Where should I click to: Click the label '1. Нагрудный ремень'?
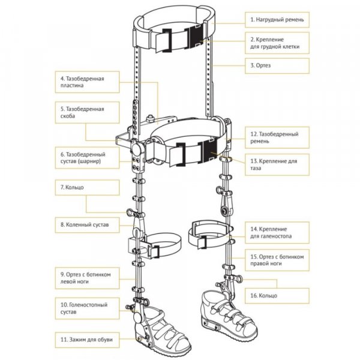[278, 20]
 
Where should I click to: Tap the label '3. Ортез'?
[278, 65]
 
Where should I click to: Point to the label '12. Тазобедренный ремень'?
[278, 137]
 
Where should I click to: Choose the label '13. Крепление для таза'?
[278, 164]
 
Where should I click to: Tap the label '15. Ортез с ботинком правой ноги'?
[278, 260]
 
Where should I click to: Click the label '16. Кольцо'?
[278, 295]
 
